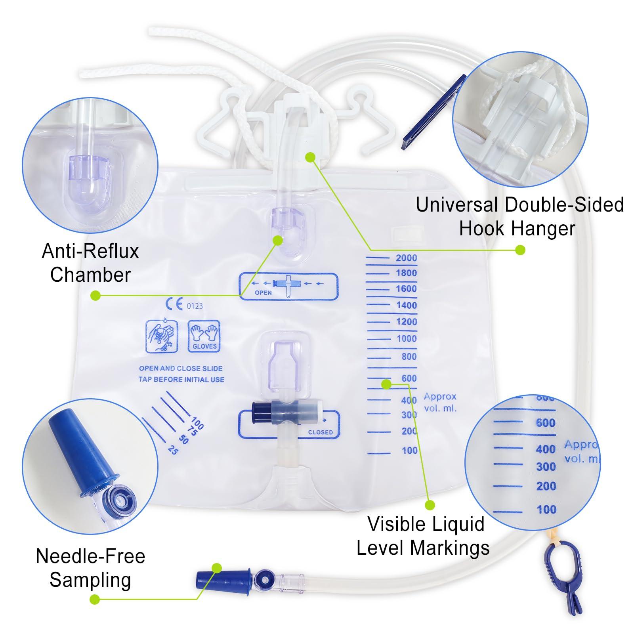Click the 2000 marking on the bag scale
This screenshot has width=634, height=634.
click(406, 258)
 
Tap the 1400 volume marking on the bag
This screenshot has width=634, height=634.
click(407, 305)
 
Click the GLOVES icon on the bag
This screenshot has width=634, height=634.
click(204, 336)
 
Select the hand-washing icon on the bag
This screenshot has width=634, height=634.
click(162, 336)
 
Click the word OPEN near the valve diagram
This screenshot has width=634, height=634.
click(263, 292)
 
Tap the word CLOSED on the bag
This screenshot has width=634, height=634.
click(320, 432)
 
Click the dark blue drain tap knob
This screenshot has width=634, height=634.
click(260, 414)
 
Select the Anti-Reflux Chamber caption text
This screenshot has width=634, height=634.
click(90, 263)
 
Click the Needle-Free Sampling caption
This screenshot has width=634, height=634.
click(90, 568)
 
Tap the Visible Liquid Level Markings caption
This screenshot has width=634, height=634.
click(423, 536)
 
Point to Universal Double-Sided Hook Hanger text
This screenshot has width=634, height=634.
click(519, 216)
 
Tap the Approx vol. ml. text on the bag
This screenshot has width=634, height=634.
click(440, 402)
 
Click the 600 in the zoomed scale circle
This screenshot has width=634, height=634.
click(545, 423)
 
